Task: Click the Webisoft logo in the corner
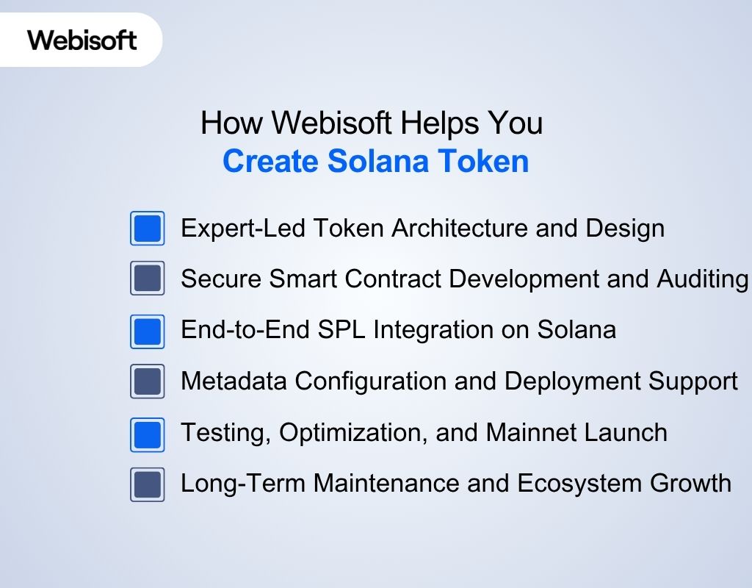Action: (82, 39)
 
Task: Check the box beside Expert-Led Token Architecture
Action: (148, 229)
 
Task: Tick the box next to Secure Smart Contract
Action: (148, 279)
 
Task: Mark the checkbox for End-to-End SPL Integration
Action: (148, 331)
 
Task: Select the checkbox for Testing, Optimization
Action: (148, 434)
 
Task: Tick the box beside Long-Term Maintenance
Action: (148, 485)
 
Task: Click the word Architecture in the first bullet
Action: (460, 229)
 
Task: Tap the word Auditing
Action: (703, 279)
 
